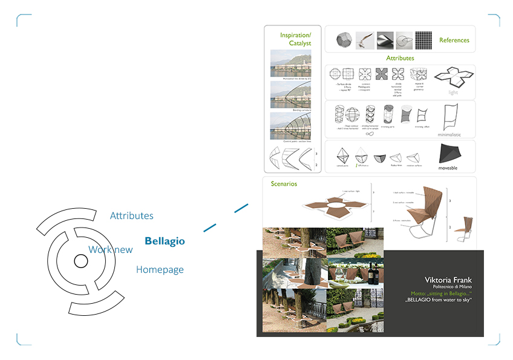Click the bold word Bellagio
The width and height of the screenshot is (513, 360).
pos(165,241)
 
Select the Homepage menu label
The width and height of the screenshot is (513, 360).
pos(160,270)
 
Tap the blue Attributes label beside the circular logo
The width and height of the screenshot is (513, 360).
pos(132,216)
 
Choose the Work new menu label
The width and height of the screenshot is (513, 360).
pos(111,249)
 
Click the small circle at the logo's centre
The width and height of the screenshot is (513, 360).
pos(80,261)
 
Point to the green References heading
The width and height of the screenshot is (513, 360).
pos(454,41)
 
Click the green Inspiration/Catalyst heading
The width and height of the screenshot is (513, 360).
pos(295,39)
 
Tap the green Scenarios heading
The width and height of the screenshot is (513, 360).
pos(284,184)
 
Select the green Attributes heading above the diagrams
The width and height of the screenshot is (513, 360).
pos(400,58)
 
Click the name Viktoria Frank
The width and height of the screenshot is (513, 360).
pos(448,280)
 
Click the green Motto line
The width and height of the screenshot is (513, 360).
pos(440,293)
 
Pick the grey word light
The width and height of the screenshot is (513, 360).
pos(453,93)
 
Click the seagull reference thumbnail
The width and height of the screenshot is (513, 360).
pos(365,40)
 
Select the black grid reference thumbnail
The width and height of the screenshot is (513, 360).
pos(425,40)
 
